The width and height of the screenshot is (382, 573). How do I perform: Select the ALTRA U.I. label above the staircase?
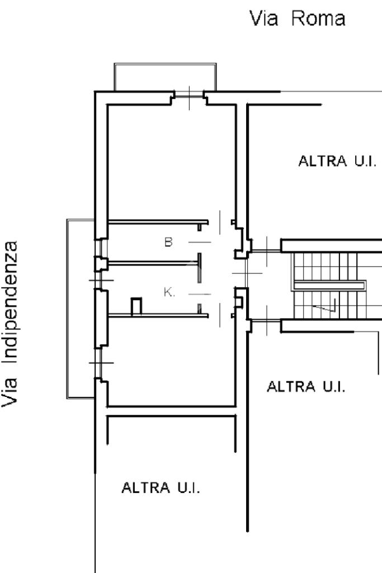tap(337, 163)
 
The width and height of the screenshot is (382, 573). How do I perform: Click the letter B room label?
tap(168, 243)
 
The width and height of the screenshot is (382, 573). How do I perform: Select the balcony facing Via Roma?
tap(164, 77)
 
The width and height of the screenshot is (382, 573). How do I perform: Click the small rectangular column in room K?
tap(136, 307)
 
